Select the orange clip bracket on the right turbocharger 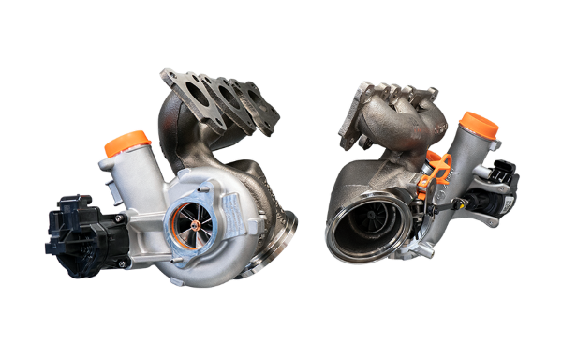(x=436, y=169)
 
